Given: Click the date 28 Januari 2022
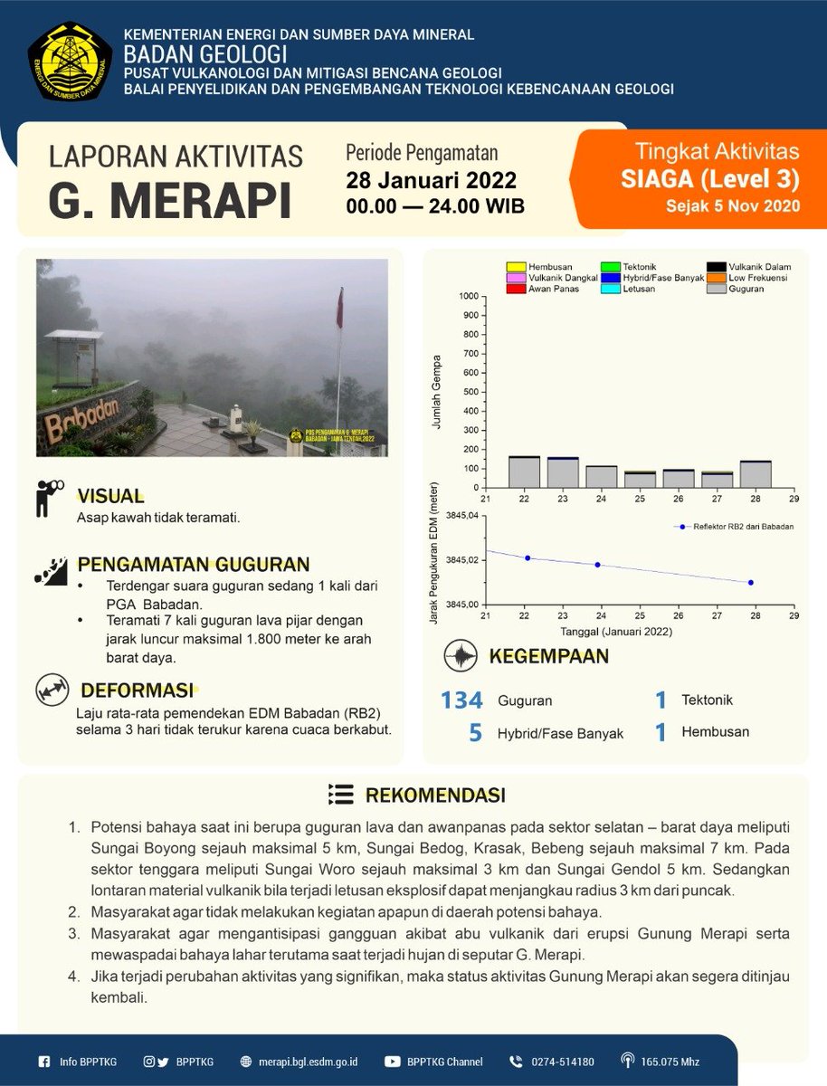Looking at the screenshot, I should [x=431, y=179].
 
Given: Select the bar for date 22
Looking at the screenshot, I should [x=524, y=472].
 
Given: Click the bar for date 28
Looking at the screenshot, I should [x=756, y=474].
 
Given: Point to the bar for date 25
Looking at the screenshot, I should [x=640, y=480].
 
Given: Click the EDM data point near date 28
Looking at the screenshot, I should [x=750, y=583].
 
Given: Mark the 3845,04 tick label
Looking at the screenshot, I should [x=458, y=516].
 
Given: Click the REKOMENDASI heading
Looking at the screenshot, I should [x=434, y=795].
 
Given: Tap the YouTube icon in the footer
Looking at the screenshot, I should [x=393, y=1062].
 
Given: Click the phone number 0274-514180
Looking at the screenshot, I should [x=562, y=1062].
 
